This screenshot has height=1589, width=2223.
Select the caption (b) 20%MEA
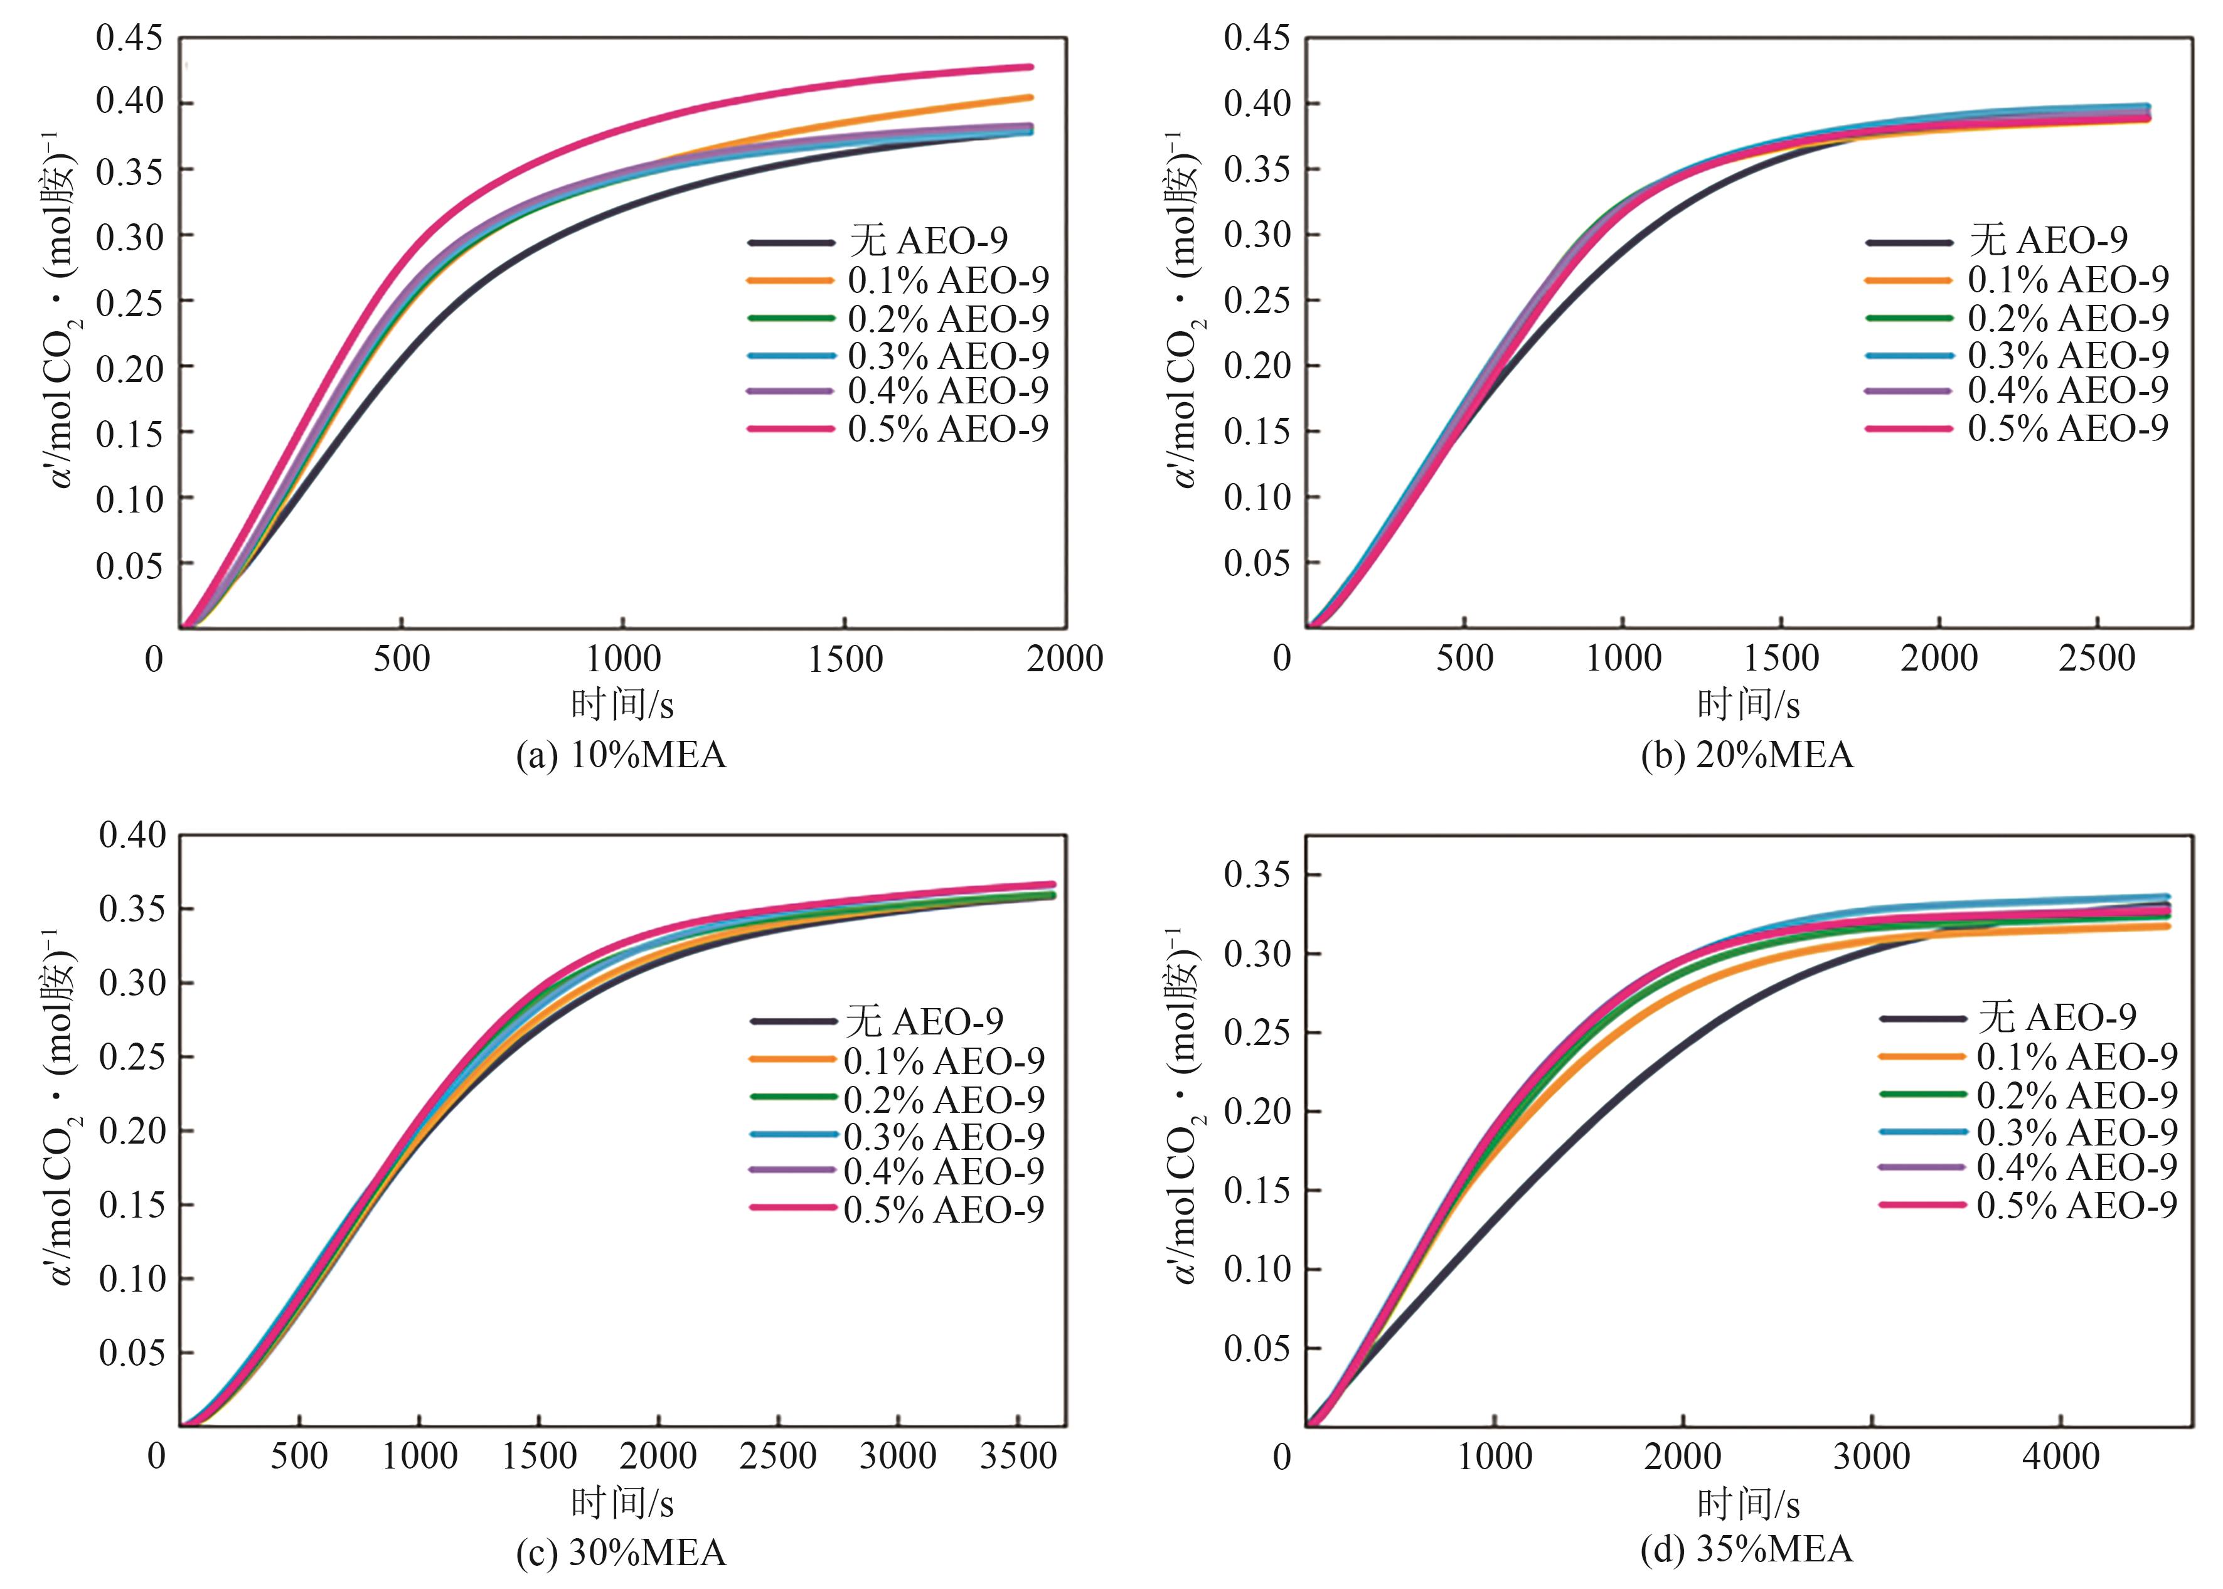[1747, 755]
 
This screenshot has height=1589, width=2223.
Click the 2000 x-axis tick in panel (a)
[1064, 659]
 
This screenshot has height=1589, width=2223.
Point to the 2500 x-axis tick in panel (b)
[2097, 659]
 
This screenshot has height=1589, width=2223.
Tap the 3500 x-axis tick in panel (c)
[1018, 1456]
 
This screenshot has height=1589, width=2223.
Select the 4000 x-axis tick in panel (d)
[2060, 1456]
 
